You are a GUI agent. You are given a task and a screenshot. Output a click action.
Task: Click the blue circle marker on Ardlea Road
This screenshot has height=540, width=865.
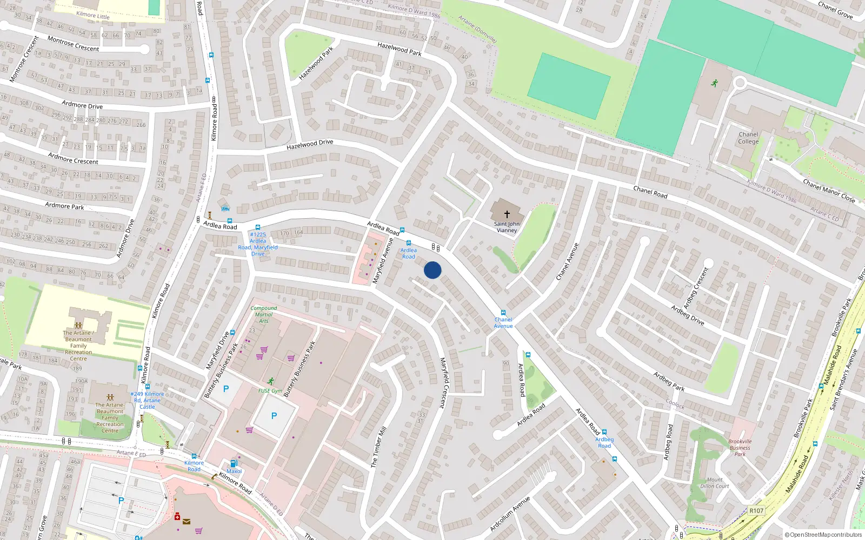[x=432, y=270]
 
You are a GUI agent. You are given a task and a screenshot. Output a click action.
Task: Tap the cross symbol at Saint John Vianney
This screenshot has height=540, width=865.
[x=507, y=214]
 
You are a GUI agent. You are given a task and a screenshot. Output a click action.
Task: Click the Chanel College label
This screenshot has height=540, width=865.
[x=748, y=138]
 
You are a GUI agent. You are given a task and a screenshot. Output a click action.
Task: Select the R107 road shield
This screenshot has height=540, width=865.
[x=756, y=510]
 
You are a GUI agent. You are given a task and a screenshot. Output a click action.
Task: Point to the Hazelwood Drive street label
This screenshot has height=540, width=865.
[x=310, y=145]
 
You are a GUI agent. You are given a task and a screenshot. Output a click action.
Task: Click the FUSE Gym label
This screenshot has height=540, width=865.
[x=270, y=390]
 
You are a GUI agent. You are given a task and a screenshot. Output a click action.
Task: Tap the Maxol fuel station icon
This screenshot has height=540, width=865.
[x=234, y=463]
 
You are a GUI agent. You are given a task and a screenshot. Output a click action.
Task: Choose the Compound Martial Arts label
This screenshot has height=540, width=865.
[x=263, y=314]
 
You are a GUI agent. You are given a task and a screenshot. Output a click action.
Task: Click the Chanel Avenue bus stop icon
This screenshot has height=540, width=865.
[x=503, y=312]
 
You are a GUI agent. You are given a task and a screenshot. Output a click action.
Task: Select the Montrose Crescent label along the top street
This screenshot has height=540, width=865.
[x=73, y=44]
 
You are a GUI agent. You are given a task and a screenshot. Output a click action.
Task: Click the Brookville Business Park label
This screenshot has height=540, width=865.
[x=740, y=448]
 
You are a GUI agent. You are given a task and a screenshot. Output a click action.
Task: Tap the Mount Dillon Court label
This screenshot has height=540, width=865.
[x=715, y=483]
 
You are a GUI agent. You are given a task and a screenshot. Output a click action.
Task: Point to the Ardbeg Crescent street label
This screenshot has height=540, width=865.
[x=696, y=288]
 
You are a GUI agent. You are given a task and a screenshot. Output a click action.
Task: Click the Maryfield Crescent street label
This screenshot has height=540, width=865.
[x=443, y=382]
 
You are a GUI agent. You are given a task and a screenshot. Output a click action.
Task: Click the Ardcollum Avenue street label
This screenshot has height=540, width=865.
[x=510, y=514]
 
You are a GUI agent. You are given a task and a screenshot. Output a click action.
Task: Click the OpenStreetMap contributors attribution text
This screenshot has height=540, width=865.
[x=823, y=535]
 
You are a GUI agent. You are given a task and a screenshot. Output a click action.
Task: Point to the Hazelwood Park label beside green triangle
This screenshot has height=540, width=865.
[x=316, y=63]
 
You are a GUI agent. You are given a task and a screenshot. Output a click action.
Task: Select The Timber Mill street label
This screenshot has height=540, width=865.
[x=378, y=447]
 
